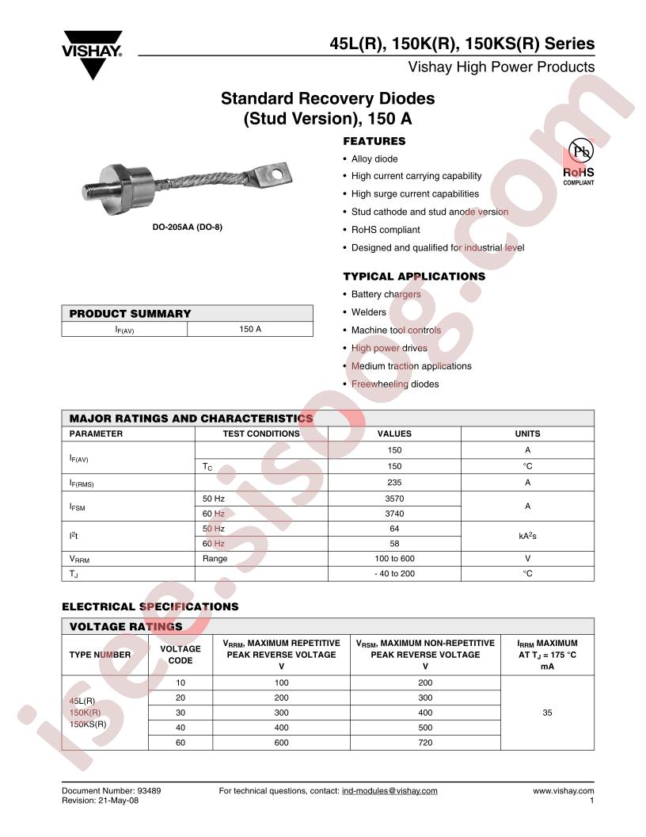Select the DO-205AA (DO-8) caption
coord(187,227)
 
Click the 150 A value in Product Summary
coord(250,328)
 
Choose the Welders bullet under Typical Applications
coord(368,312)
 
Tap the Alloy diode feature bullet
coord(374,159)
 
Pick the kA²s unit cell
coord(527,537)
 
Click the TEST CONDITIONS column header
coord(261,434)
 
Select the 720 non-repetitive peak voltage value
coord(425,743)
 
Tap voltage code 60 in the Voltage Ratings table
coord(180,743)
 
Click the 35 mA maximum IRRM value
coord(547,713)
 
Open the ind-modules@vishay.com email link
coord(389,790)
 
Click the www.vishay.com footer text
coord(563,790)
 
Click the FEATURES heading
coord(374,141)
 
